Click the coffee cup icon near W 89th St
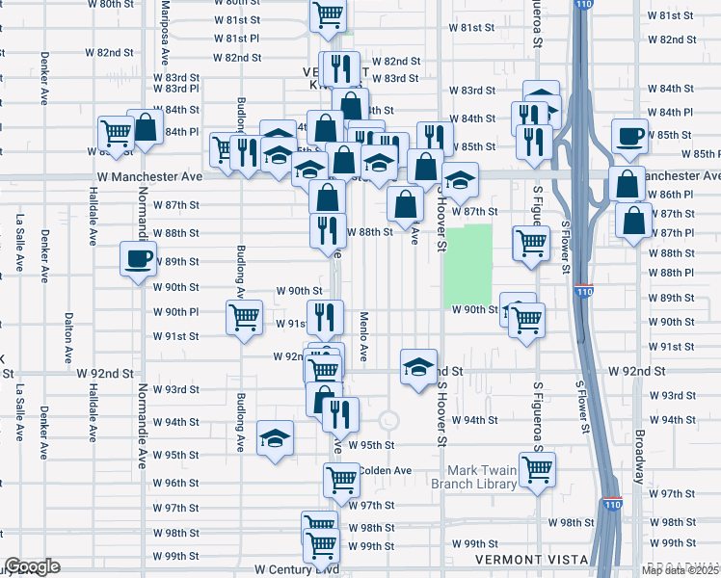tap(137, 258)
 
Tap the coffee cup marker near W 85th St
tap(629, 137)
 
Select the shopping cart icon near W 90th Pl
tap(244, 317)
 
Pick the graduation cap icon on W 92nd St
tap(418, 367)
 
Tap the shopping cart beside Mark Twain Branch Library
tap(536, 469)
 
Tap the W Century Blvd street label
tap(296, 570)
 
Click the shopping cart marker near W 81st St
tap(328, 15)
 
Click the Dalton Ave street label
tap(67, 333)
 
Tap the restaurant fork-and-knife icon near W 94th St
tap(340, 413)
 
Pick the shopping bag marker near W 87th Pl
tap(631, 221)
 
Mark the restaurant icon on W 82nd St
tap(338, 68)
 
